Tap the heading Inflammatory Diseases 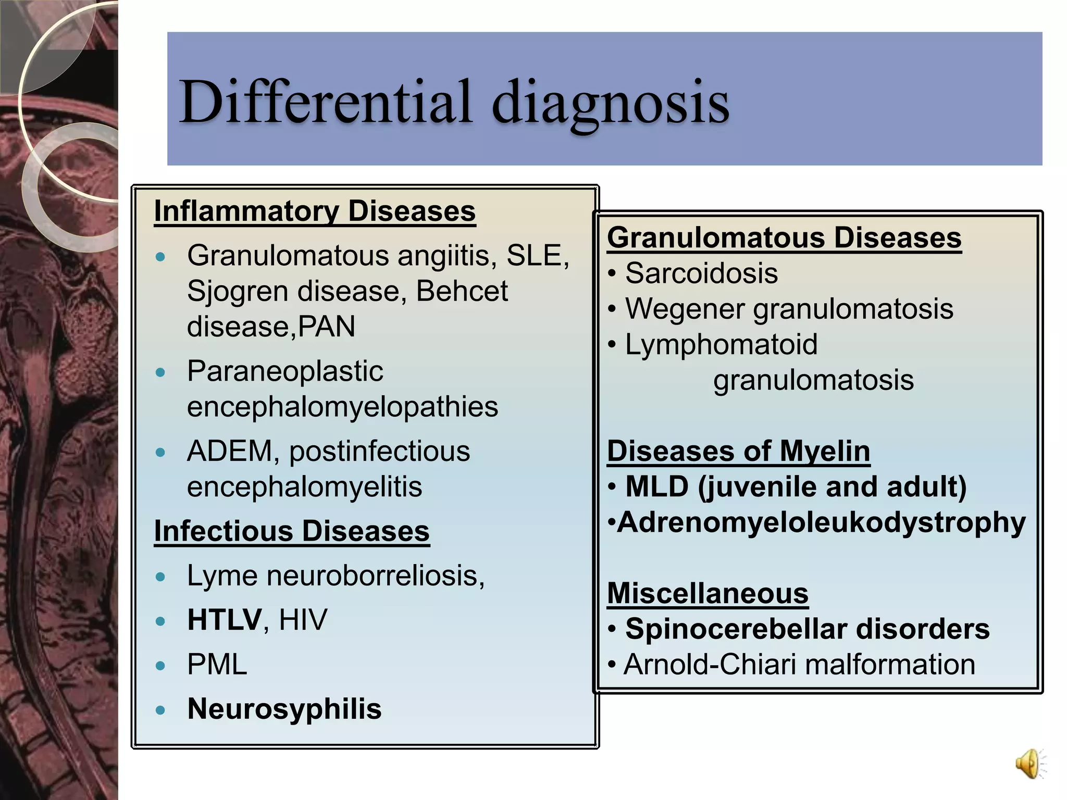(x=315, y=211)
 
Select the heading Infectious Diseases (x=292, y=531)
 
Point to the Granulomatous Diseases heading (x=784, y=238)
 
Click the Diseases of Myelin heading (x=738, y=451)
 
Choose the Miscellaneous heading (x=708, y=593)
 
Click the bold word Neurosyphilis (x=284, y=709)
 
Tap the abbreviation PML (x=217, y=665)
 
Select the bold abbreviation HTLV (x=225, y=620)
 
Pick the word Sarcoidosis (x=701, y=273)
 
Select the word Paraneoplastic (x=285, y=371)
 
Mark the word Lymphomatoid (x=721, y=345)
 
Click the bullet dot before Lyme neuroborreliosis (x=160, y=577)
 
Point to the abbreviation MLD (x=656, y=487)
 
